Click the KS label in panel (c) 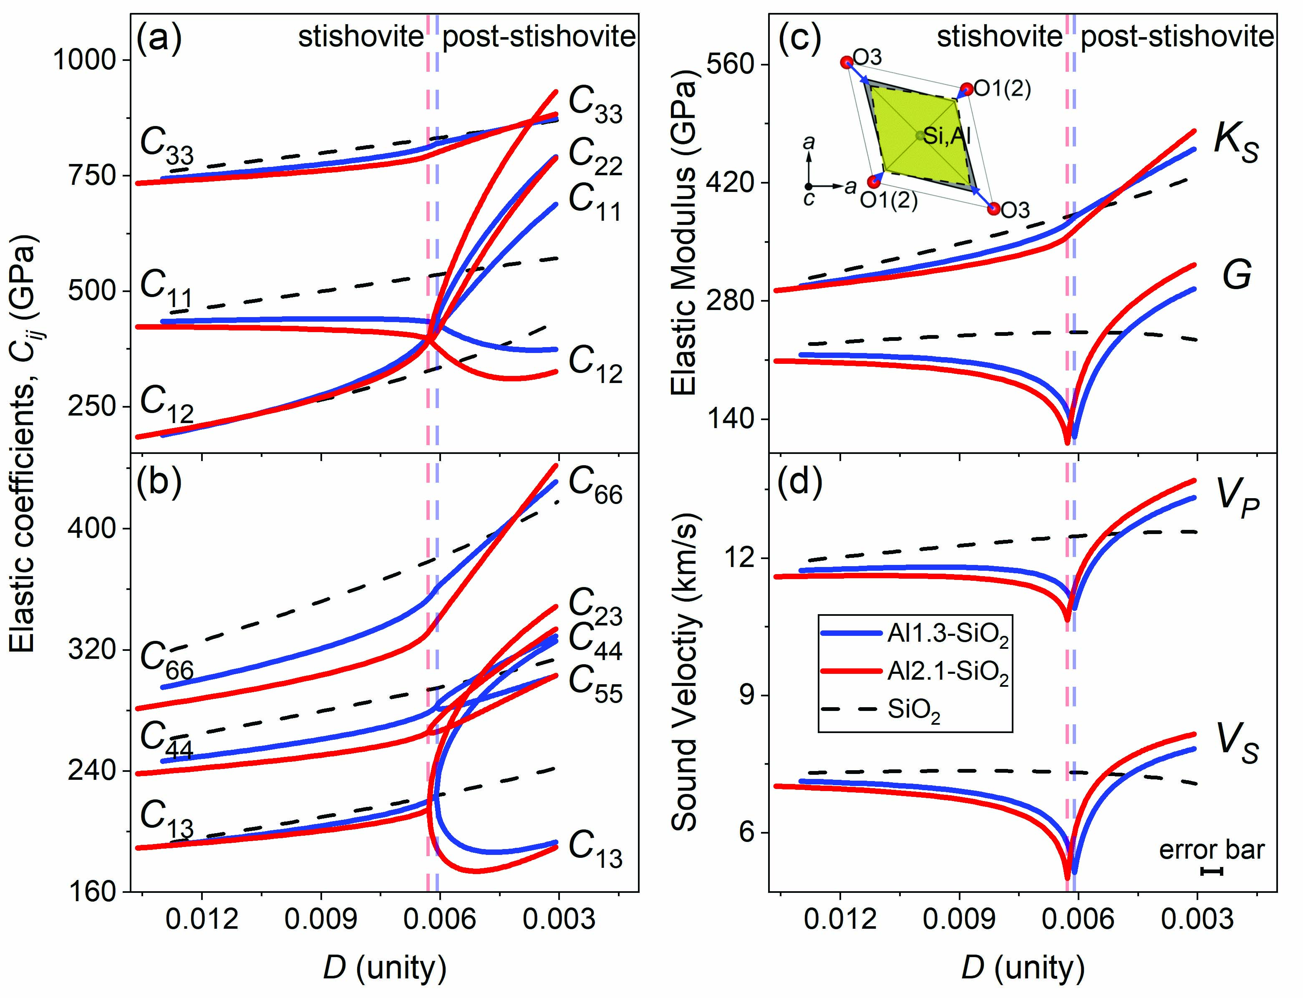tap(1235, 144)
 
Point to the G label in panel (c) tap(1237, 275)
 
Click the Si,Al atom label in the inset tap(947, 136)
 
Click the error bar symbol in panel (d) tap(1212, 871)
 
